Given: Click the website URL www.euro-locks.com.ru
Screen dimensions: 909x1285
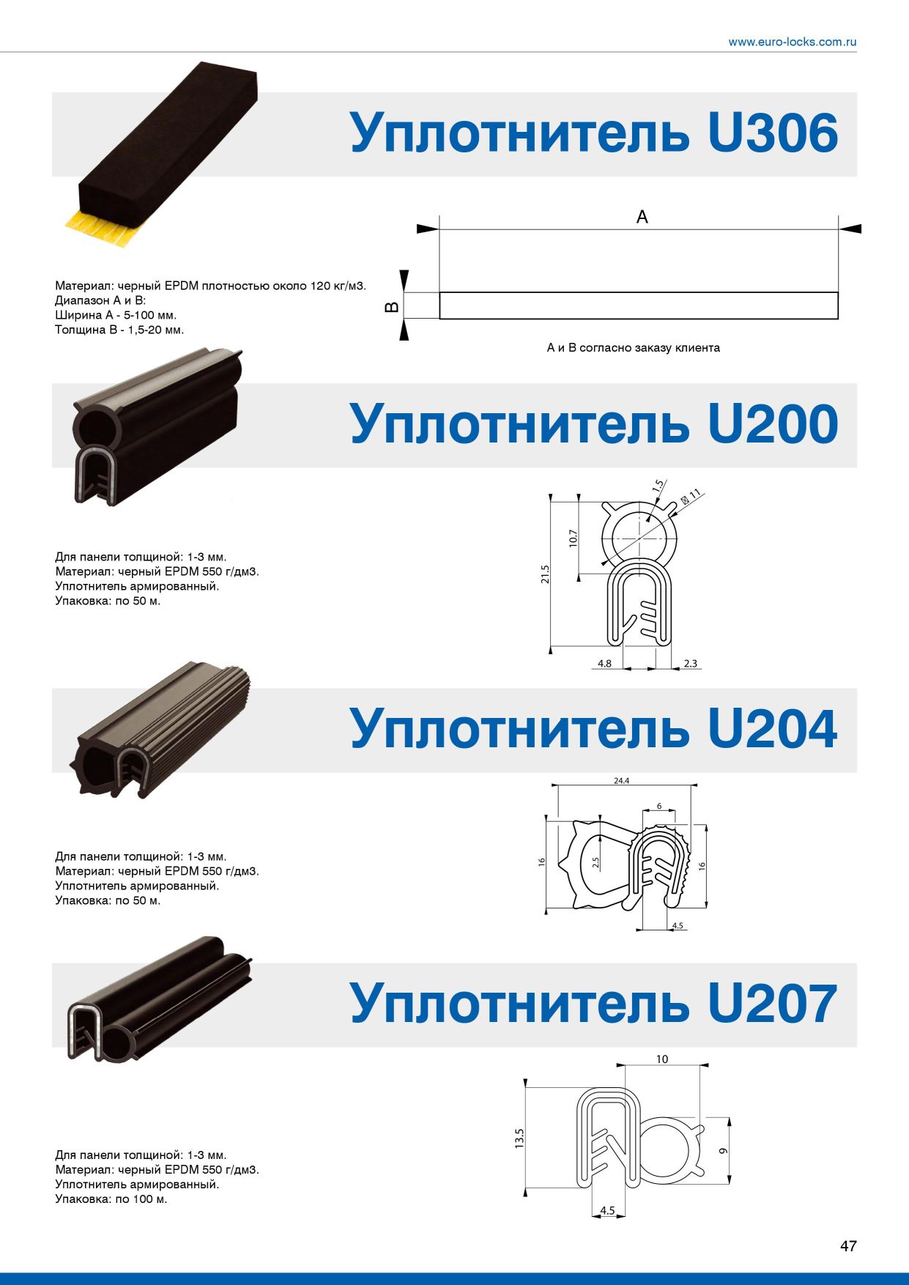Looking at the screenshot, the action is click(x=792, y=42).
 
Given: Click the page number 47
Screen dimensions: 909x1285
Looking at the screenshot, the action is click(x=848, y=1245).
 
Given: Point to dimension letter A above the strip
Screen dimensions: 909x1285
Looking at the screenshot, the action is click(x=642, y=217).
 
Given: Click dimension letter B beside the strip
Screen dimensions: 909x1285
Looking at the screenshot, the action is click(x=392, y=306).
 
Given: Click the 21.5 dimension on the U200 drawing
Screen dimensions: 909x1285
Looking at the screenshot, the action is click(x=545, y=574).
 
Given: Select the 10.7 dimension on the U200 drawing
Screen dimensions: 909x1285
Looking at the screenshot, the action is click(x=573, y=538).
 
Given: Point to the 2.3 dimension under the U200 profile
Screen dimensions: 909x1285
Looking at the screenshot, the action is click(x=690, y=664).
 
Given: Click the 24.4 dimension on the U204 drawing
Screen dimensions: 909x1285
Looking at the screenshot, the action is click(x=621, y=781).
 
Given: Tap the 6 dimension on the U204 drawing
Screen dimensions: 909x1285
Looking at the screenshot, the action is click(x=659, y=806).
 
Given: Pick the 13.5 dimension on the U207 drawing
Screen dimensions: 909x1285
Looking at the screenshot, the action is click(x=519, y=1138).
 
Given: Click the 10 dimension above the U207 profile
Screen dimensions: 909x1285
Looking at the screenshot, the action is click(x=662, y=1059).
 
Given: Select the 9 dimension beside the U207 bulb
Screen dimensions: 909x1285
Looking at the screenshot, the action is click(x=723, y=1150).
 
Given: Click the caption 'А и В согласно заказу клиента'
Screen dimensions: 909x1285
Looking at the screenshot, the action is click(x=634, y=348).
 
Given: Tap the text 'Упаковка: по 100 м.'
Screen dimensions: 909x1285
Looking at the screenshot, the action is click(x=111, y=1199).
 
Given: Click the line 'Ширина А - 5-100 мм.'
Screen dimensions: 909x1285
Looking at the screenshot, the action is click(x=116, y=315).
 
